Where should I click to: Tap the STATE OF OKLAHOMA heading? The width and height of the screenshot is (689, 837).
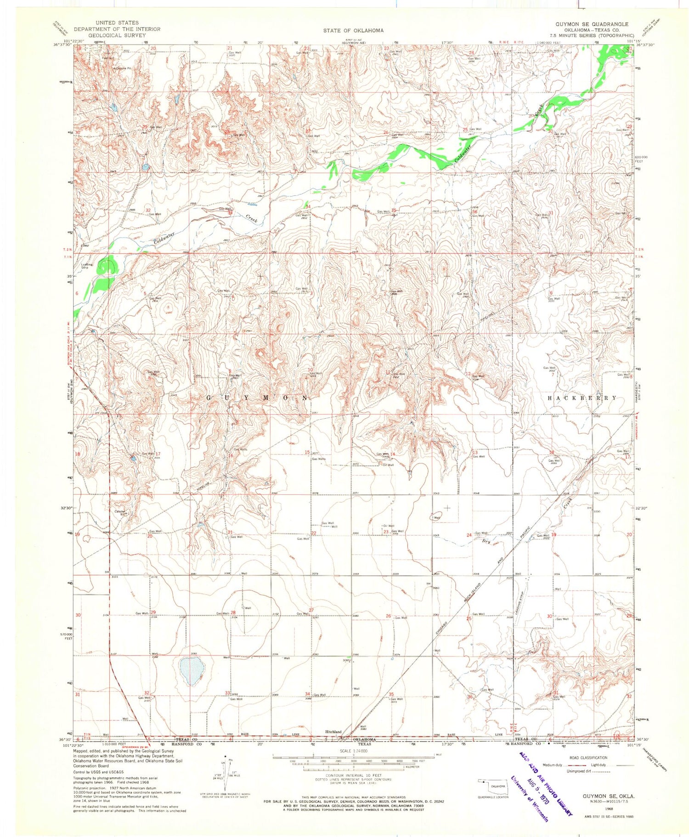click(353, 30)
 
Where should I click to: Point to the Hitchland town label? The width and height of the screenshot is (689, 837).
click(333, 731)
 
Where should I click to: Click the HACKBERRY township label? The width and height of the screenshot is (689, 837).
click(582, 398)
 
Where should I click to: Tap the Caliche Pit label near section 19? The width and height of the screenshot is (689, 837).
click(120, 513)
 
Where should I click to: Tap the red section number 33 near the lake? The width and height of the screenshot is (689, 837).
click(227, 693)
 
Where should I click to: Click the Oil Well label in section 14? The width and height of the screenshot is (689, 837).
click(388, 465)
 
